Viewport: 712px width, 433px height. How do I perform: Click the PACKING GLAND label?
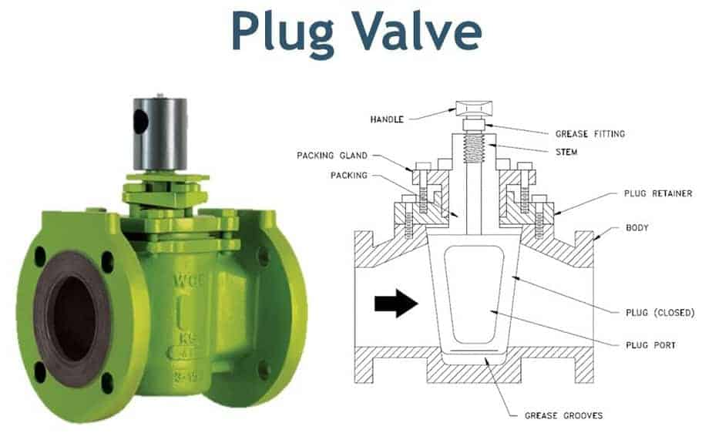click(332, 155)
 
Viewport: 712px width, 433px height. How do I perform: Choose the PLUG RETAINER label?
click(657, 193)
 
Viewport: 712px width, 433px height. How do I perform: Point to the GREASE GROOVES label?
click(563, 415)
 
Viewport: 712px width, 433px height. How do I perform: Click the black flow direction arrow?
click(396, 304)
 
